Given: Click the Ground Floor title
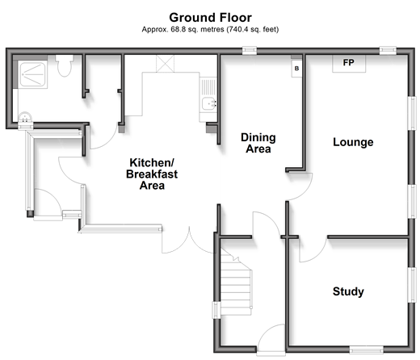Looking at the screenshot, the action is click(x=210, y=18).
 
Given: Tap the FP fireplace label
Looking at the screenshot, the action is click(x=348, y=63).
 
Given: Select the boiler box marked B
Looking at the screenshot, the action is click(x=296, y=69).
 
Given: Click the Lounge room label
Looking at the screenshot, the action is click(x=353, y=142).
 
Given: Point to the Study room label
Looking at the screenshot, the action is click(x=348, y=291).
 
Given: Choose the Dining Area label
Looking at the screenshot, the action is click(x=258, y=143).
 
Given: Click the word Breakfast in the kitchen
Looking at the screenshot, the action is click(x=152, y=174).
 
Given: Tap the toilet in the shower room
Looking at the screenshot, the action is click(x=65, y=65).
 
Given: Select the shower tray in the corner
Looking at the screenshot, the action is click(x=33, y=74).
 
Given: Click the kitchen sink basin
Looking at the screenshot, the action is click(x=209, y=104).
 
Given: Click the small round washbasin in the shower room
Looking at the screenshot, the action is click(x=25, y=117).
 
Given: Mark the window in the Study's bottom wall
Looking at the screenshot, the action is click(x=367, y=350).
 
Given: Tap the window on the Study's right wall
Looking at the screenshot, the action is click(x=412, y=285).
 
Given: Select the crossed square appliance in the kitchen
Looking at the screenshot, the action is click(x=165, y=64).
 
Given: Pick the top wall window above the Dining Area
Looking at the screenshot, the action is click(x=250, y=51).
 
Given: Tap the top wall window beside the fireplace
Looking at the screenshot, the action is click(x=388, y=51).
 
